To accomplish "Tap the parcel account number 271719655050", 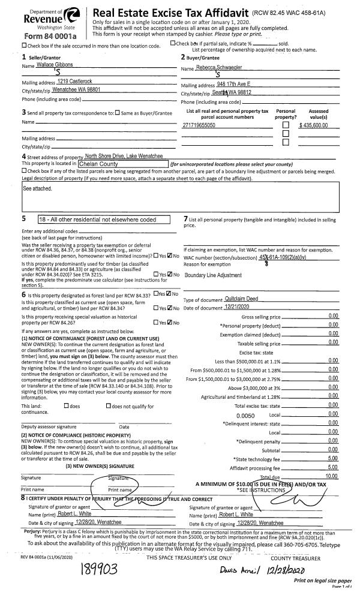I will [199, 125].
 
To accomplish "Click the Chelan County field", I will [122, 163].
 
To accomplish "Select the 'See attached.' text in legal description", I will [37, 188].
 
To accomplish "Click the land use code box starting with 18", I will [105, 220].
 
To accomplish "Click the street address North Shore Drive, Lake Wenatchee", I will [122, 156].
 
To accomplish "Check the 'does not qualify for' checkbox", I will [108, 406].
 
